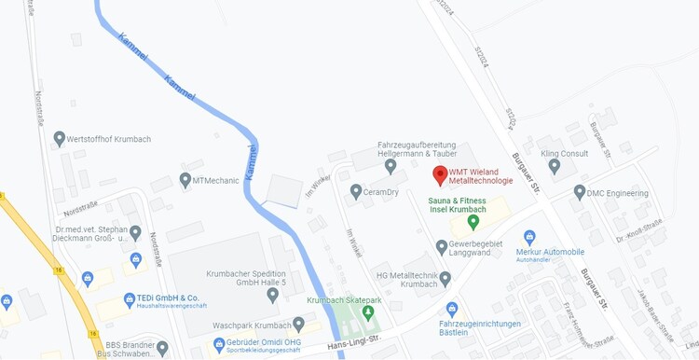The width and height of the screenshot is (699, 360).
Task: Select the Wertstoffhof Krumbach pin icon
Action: tap(60, 139)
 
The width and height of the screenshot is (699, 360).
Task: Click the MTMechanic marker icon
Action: tap(185, 178)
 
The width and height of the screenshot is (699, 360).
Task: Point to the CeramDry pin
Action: tap(355, 191)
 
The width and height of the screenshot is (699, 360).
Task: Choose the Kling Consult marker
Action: tap(555, 166)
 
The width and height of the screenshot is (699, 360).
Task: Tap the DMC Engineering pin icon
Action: tap(580, 192)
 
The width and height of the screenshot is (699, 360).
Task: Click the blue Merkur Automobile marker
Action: tap(529, 238)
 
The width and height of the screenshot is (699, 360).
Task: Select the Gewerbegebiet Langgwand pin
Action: tap(442, 247)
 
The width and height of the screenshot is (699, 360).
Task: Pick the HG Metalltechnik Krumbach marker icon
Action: tap(445, 278)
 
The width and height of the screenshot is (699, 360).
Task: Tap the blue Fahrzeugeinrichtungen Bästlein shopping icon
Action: tap(452, 309)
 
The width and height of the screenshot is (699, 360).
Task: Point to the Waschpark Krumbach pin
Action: tap(298, 324)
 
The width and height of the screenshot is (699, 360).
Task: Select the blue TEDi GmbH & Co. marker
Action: tap(116, 301)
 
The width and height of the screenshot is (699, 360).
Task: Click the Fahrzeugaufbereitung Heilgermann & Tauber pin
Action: tap(391, 166)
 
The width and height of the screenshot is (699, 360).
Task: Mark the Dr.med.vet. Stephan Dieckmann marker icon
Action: tap(135, 232)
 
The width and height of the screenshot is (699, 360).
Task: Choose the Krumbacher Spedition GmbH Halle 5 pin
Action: tap(272, 295)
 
